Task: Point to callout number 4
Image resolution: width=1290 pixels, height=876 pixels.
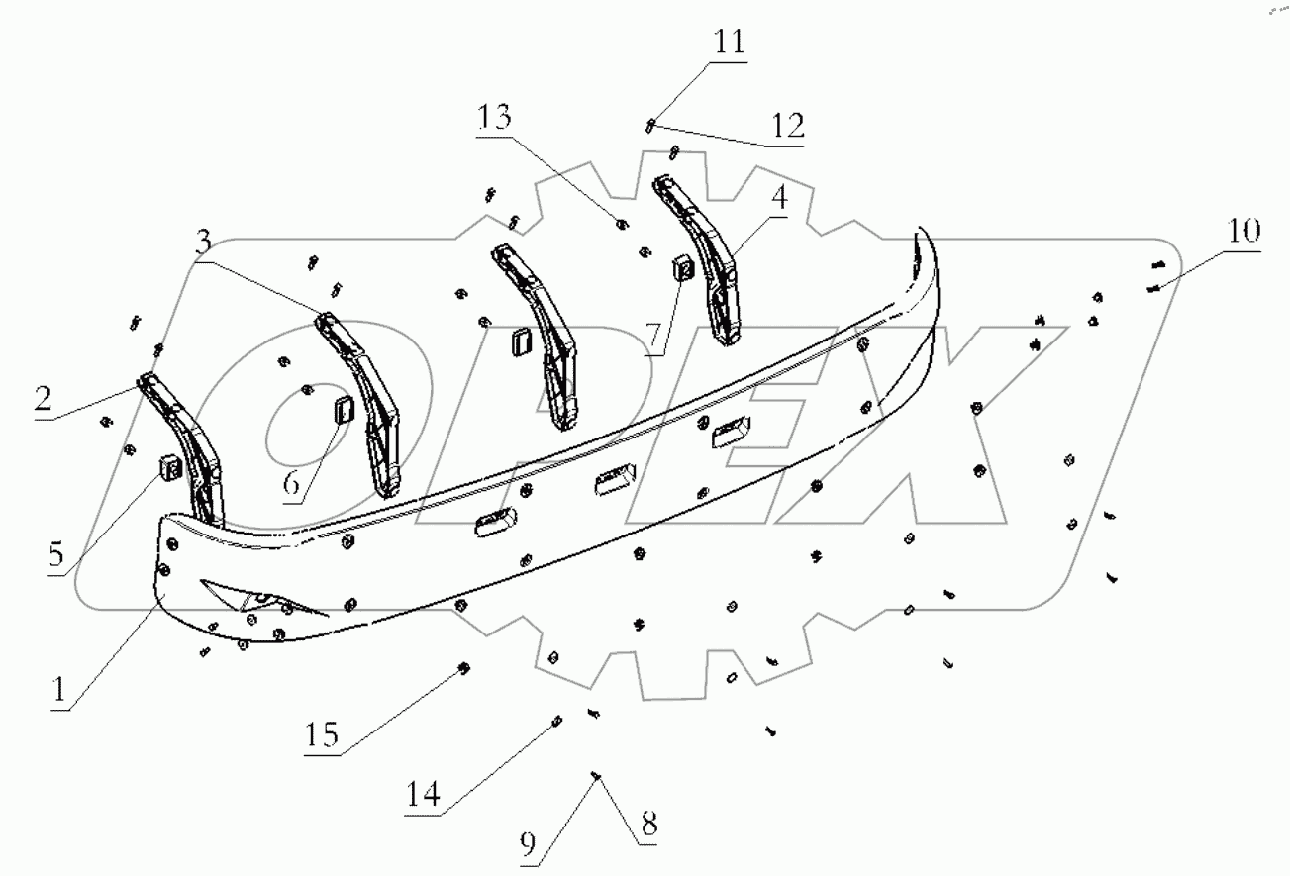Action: click(x=780, y=197)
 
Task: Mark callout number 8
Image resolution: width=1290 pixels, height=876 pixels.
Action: click(x=647, y=821)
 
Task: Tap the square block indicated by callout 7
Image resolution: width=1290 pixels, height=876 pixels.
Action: click(x=682, y=266)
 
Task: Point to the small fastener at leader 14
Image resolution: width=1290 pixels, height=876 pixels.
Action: click(x=557, y=722)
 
